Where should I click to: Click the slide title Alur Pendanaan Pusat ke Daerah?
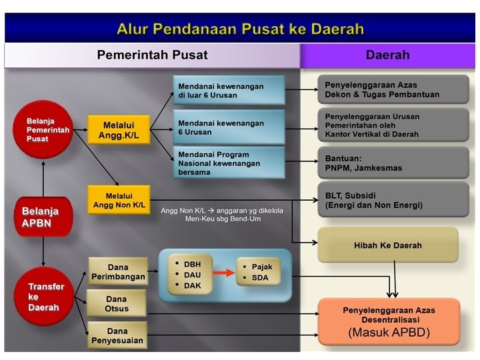click(240, 29)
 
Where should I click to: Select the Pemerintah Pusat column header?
click(152, 55)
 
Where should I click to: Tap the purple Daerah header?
click(387, 55)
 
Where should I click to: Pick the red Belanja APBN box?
click(43, 217)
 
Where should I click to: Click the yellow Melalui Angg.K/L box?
click(118, 130)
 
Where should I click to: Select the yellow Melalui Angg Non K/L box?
click(118, 200)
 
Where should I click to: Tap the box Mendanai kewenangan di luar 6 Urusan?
click(229, 91)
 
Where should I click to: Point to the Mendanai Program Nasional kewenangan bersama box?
click(229, 163)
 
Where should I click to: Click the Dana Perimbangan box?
click(118, 272)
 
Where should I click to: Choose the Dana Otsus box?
click(117, 304)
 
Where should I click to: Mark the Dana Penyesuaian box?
click(117, 335)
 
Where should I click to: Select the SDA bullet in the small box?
click(260, 277)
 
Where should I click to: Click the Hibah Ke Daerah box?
click(387, 245)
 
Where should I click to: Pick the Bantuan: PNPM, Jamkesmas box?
click(393, 163)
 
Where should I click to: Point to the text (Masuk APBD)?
click(389, 332)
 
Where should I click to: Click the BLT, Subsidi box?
click(393, 201)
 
